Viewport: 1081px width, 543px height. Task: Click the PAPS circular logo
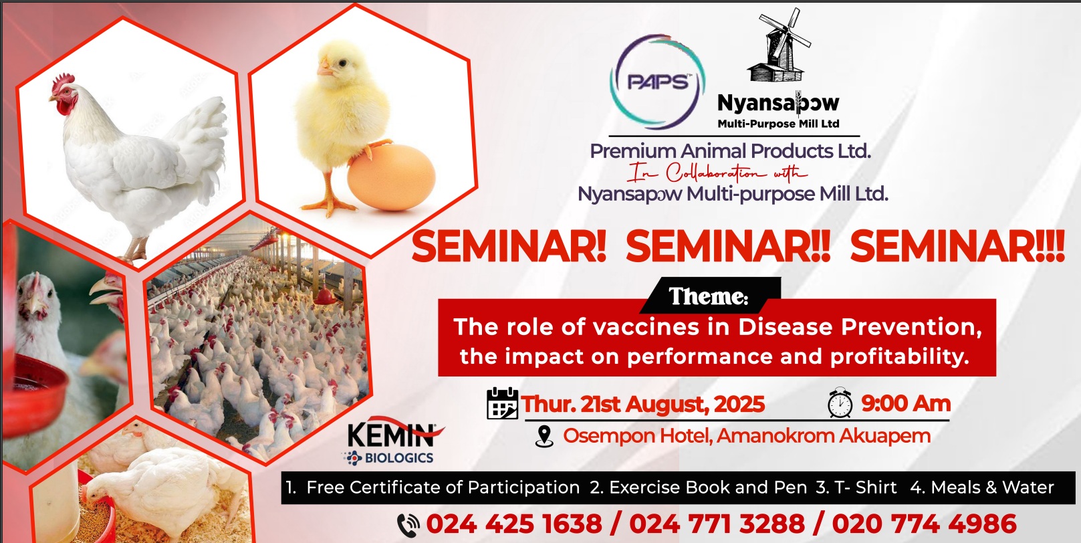click(x=658, y=82)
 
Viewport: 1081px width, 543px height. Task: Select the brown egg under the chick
click(x=391, y=177)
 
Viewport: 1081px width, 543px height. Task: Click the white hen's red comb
click(x=64, y=83)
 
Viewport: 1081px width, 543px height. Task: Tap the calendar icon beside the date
click(x=502, y=403)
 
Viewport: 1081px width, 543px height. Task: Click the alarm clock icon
click(x=840, y=403)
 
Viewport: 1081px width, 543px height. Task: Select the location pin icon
click(x=544, y=437)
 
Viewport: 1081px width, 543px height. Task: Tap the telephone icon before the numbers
click(x=408, y=525)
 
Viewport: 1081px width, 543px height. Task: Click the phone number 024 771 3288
click(x=717, y=524)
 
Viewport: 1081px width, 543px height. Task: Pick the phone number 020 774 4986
click(x=924, y=524)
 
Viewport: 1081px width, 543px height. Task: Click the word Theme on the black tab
click(x=709, y=296)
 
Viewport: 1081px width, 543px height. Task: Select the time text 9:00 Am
click(x=905, y=403)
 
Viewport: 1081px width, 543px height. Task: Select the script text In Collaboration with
click(x=717, y=173)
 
